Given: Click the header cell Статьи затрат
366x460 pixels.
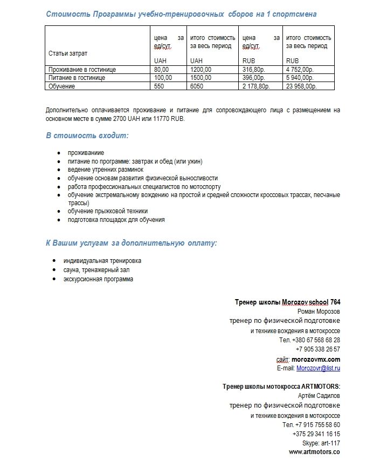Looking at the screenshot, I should [x=68, y=53].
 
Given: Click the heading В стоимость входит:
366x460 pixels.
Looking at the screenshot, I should [x=87, y=136].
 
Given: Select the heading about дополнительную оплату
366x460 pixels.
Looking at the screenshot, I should [x=132, y=243].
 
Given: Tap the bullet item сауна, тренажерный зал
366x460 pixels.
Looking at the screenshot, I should [x=96, y=269].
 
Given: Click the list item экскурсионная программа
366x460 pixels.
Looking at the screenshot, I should [x=98, y=279].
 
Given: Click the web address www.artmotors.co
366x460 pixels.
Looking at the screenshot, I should [x=314, y=452].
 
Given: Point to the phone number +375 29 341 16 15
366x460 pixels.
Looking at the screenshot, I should [x=316, y=434].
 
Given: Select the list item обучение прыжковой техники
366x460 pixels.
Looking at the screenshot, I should [x=108, y=211].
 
